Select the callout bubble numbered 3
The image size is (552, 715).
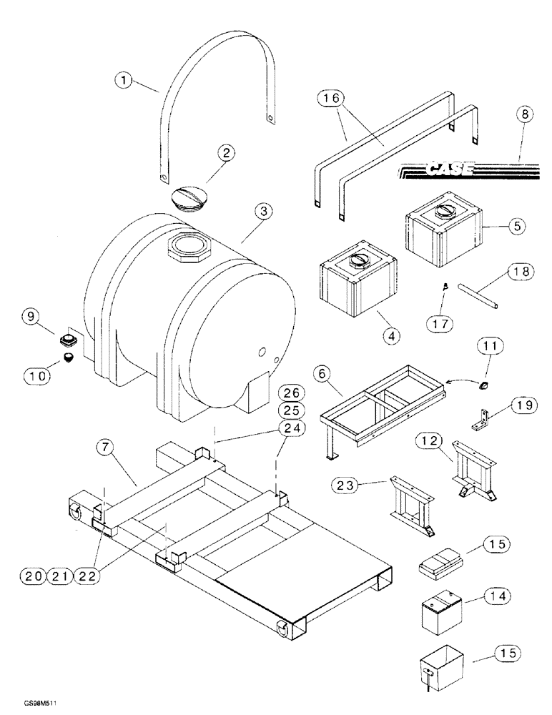pyautogui.click(x=263, y=211)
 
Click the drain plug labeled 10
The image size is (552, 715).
pyautogui.click(x=69, y=358)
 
